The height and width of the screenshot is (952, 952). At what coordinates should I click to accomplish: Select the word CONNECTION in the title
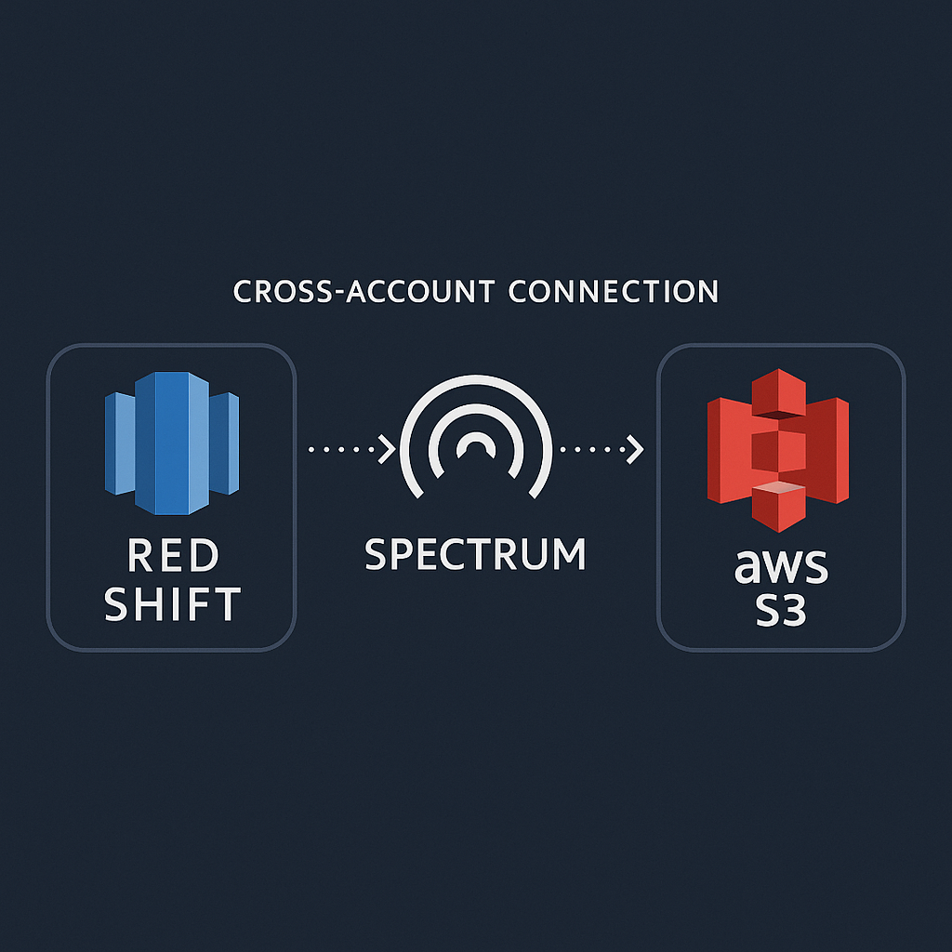point(614,292)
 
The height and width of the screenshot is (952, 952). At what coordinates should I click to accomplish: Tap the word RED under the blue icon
point(173,556)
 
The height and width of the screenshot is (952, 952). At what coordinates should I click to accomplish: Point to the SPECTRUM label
point(475,555)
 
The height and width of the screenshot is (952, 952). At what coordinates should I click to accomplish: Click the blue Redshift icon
point(172,442)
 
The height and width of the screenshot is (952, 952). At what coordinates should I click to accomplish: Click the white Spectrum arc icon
point(476,437)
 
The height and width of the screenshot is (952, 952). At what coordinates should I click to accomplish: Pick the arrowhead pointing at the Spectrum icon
point(386,450)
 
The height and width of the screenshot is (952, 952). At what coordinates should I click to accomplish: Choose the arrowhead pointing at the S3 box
point(635,450)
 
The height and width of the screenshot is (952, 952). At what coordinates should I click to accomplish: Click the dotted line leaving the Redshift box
point(339,450)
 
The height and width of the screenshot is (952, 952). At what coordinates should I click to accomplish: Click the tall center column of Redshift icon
point(172,442)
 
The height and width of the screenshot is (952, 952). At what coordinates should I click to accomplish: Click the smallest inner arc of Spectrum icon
point(476,445)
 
